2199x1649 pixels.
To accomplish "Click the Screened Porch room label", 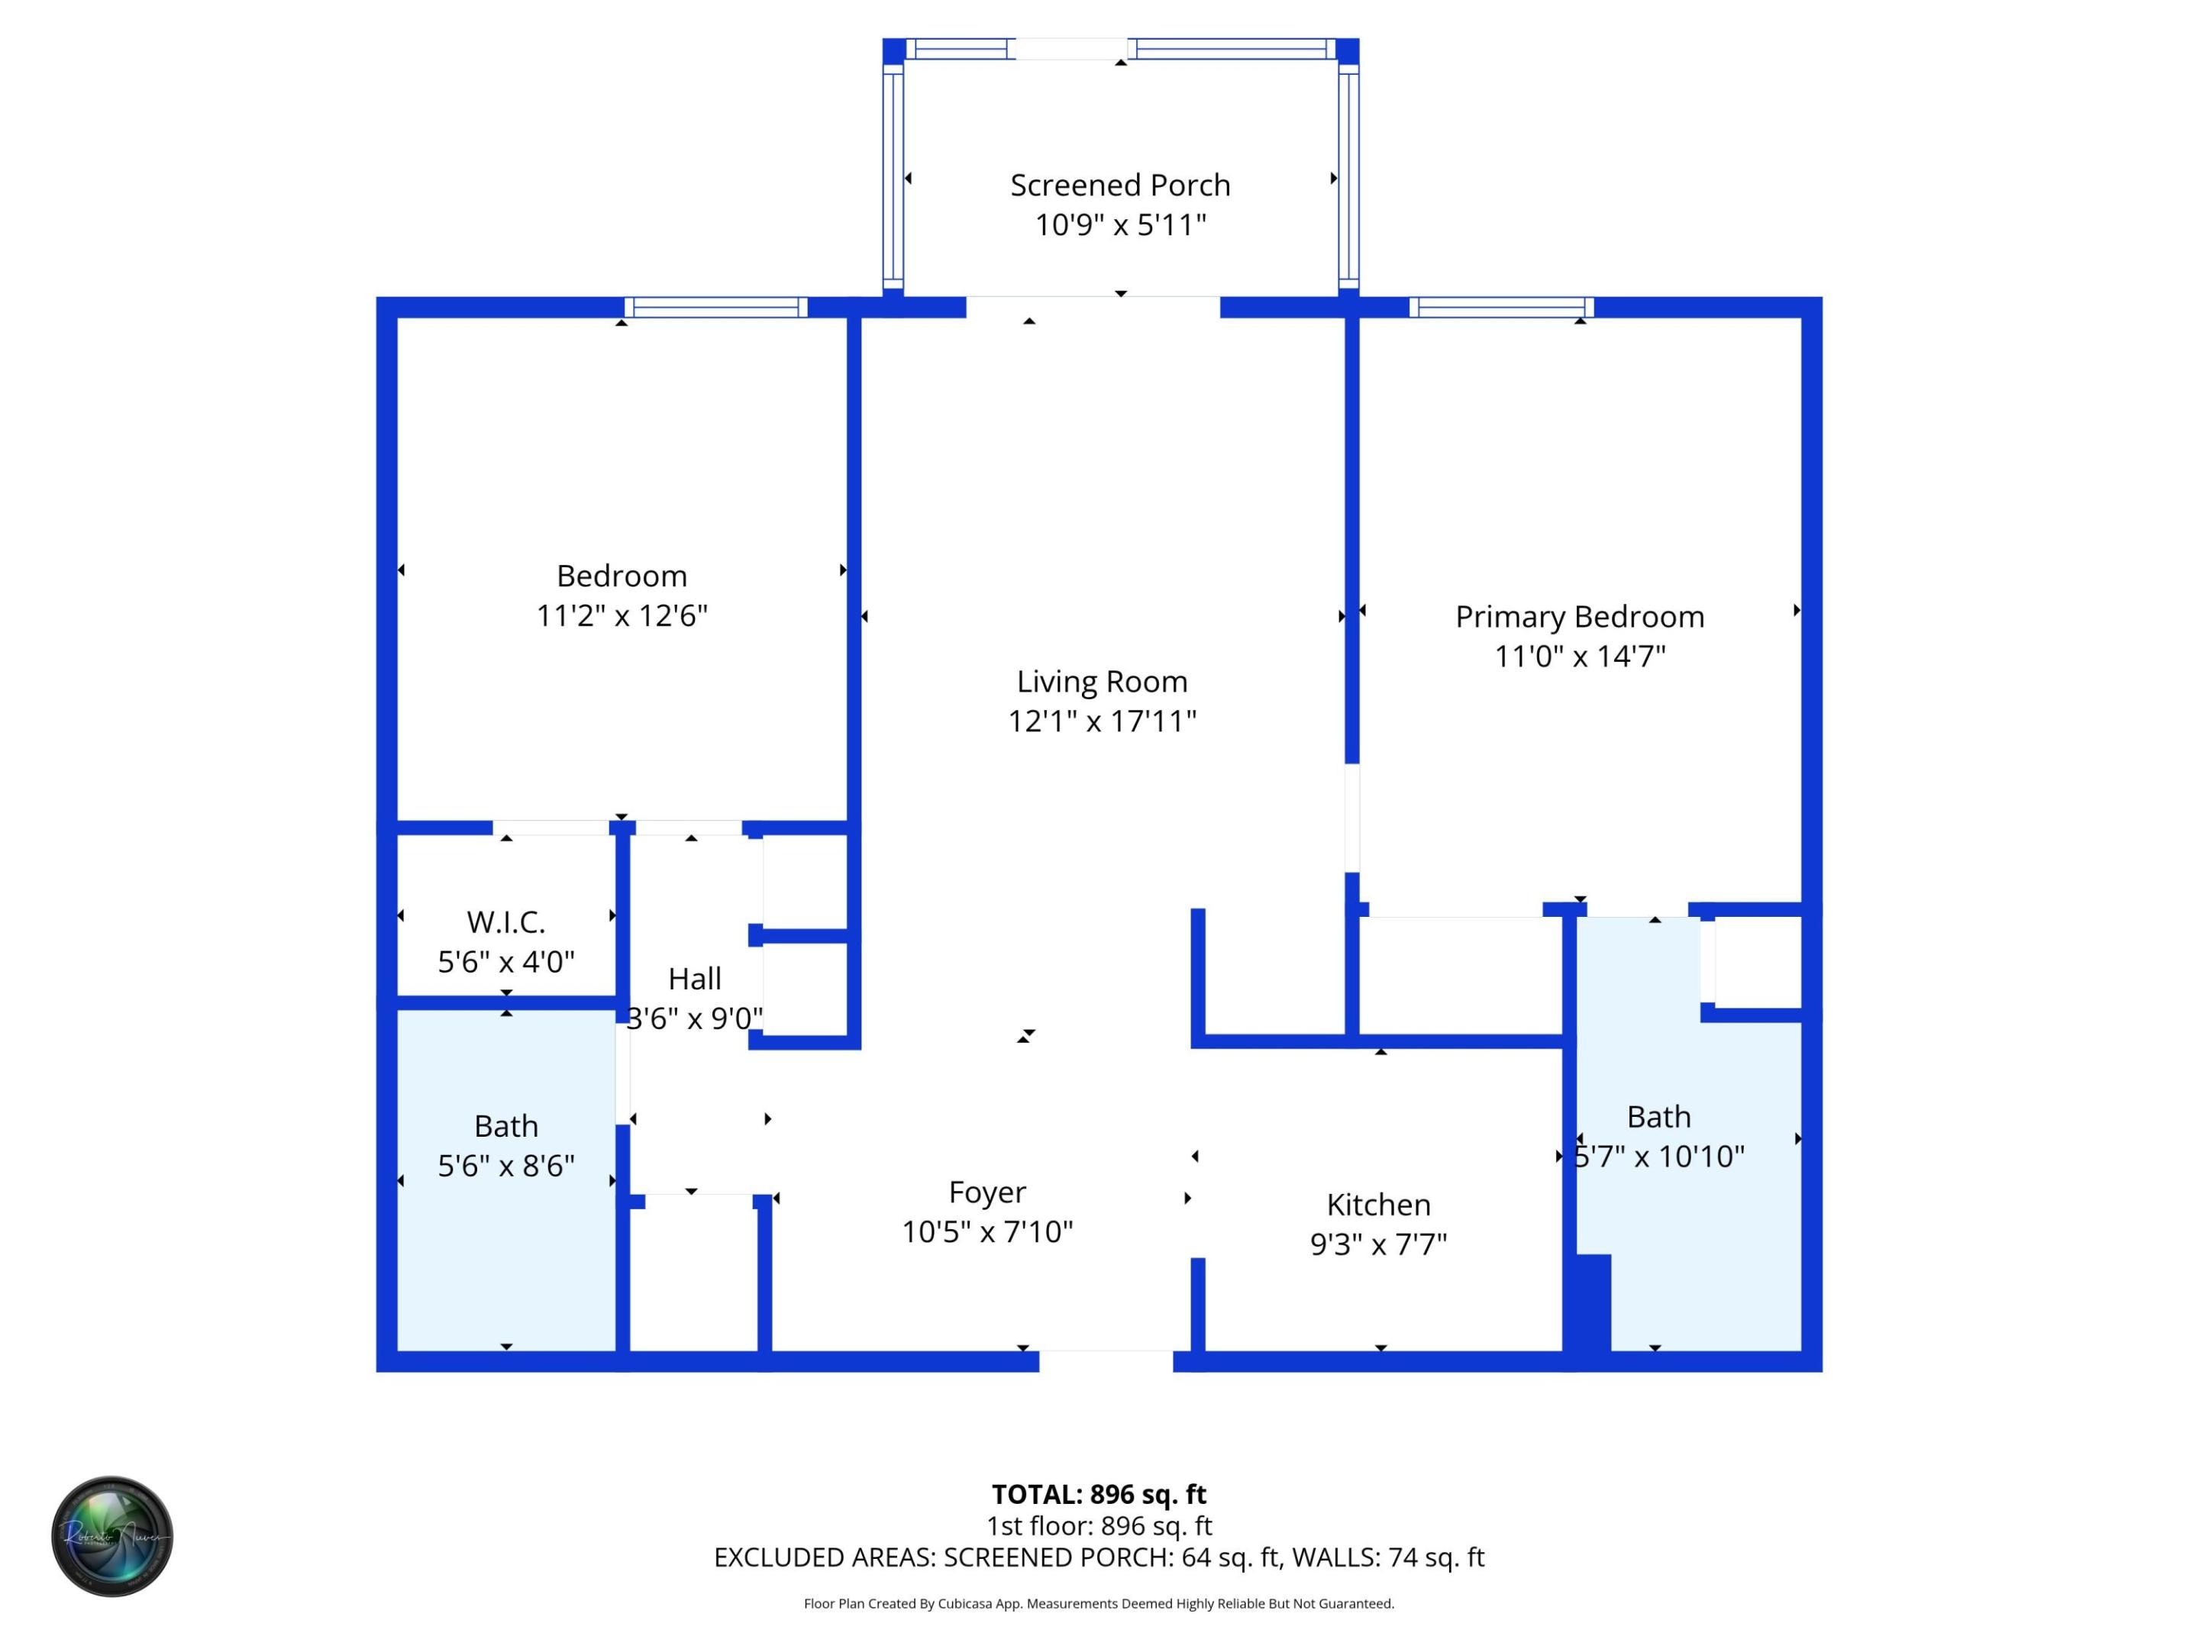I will point(1119,185).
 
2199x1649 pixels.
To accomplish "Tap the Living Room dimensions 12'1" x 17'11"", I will point(1102,721).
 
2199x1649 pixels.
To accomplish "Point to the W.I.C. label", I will point(506,921).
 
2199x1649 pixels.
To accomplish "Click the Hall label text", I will point(694,978).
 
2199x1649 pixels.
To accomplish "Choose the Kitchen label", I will point(1378,1204).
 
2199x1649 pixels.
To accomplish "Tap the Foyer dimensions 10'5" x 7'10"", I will point(986,1231).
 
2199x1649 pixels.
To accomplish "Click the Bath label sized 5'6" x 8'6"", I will point(506,1125).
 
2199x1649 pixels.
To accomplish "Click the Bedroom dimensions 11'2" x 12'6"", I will point(622,615).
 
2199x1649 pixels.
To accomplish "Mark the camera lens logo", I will point(112,1536).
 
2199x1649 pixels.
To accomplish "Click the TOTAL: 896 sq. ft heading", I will point(1099,1494).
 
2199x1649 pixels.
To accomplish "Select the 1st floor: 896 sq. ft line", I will point(1099,1526).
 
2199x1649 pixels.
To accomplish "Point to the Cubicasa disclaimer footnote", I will point(1099,1603).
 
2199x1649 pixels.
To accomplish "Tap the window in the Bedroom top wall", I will point(715,307).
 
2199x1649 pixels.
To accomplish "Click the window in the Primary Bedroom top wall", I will point(1501,307).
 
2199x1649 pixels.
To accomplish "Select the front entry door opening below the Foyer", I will point(1106,1360).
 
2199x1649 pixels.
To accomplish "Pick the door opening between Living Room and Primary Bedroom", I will point(1352,817).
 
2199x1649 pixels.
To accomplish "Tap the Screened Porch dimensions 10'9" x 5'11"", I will point(1119,224).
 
